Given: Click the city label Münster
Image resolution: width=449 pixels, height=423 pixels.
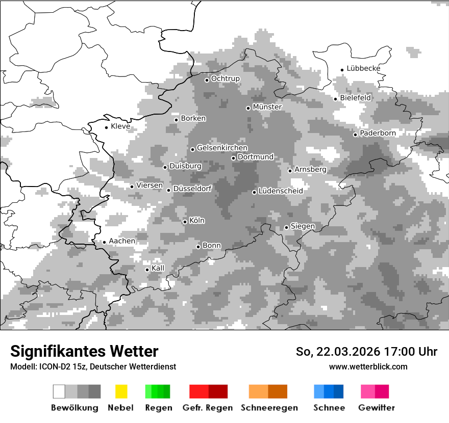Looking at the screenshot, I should pyautogui.click(x=267, y=107).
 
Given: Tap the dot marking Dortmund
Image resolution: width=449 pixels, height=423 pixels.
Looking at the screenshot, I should pyautogui.click(x=233, y=158).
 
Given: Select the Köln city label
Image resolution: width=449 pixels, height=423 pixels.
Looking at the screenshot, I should pyautogui.click(x=197, y=221).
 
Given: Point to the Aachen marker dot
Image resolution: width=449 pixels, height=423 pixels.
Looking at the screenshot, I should pyautogui.click(x=104, y=242).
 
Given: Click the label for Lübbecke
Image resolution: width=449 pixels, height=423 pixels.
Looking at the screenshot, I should pyautogui.click(x=363, y=68).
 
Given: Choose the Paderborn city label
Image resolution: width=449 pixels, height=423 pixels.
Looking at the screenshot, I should pyautogui.click(x=378, y=133).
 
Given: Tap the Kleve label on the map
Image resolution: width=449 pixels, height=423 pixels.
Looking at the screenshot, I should pyautogui.click(x=120, y=126).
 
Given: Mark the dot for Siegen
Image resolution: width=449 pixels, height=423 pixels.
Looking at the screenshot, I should pyautogui.click(x=286, y=227).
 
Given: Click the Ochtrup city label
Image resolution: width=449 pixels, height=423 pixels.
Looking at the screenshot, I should pyautogui.click(x=225, y=78).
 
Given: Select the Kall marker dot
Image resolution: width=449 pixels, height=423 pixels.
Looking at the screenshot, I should pyautogui.click(x=147, y=270).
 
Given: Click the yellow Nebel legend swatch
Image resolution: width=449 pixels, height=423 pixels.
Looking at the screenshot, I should pyautogui.click(x=121, y=391).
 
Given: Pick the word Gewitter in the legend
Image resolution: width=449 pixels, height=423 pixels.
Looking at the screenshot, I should pyautogui.click(x=377, y=408).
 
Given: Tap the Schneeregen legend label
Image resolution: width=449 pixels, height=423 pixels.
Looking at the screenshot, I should pyautogui.click(x=269, y=408).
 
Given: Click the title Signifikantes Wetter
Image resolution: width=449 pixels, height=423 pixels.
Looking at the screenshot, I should pyautogui.click(x=84, y=351).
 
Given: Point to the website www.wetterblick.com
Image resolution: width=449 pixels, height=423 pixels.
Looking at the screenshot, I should pyautogui.click(x=368, y=366).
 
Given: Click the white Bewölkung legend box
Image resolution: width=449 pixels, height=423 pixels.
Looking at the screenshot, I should pyautogui.click(x=59, y=391).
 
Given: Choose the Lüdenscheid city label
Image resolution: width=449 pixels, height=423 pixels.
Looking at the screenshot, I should pyautogui.click(x=281, y=191).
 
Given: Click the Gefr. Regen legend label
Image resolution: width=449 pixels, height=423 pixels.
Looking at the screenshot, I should pyautogui.click(x=208, y=408).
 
